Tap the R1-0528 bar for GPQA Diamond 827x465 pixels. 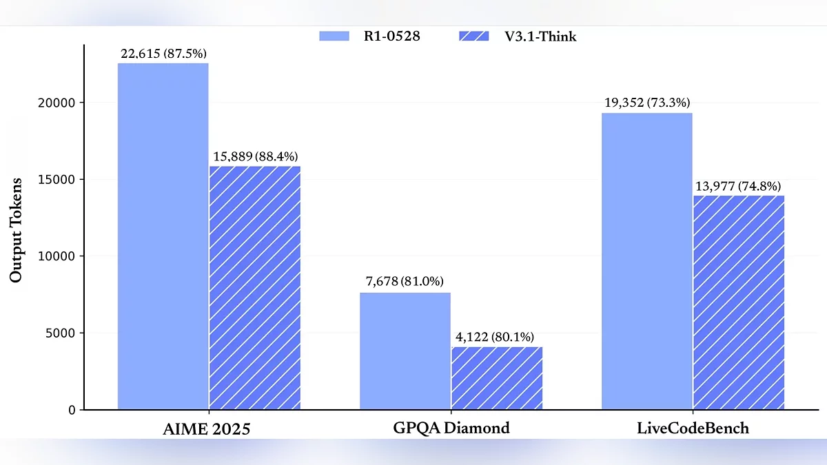(405, 351)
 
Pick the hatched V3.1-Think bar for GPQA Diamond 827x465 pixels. (497, 378)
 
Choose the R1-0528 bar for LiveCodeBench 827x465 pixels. (646, 261)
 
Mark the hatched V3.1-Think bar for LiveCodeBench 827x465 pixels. (738, 302)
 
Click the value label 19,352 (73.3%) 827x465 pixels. (646, 103)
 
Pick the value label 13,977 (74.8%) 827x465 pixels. (737, 186)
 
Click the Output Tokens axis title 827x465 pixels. (16, 230)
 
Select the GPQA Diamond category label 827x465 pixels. (451, 428)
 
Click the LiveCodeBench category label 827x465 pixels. (693, 428)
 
